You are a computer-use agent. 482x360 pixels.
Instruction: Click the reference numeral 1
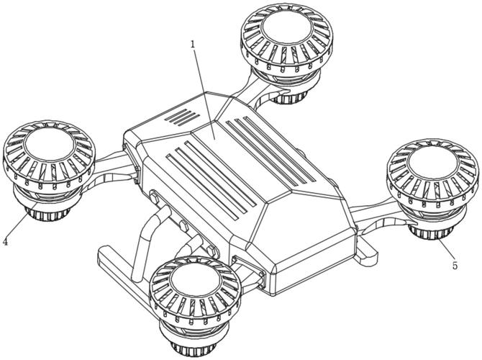[193, 45]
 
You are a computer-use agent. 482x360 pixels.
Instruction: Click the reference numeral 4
[5, 241]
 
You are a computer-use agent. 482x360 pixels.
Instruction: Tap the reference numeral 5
[455, 265]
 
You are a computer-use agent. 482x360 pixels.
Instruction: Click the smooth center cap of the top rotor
[287, 27]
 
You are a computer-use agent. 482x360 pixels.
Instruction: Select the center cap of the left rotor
[50, 144]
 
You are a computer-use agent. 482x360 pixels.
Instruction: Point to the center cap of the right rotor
[432, 161]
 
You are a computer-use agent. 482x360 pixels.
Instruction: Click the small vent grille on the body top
[182, 117]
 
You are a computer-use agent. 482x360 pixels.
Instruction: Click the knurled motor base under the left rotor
[47, 214]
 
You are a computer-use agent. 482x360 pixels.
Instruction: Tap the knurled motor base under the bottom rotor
[194, 348]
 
